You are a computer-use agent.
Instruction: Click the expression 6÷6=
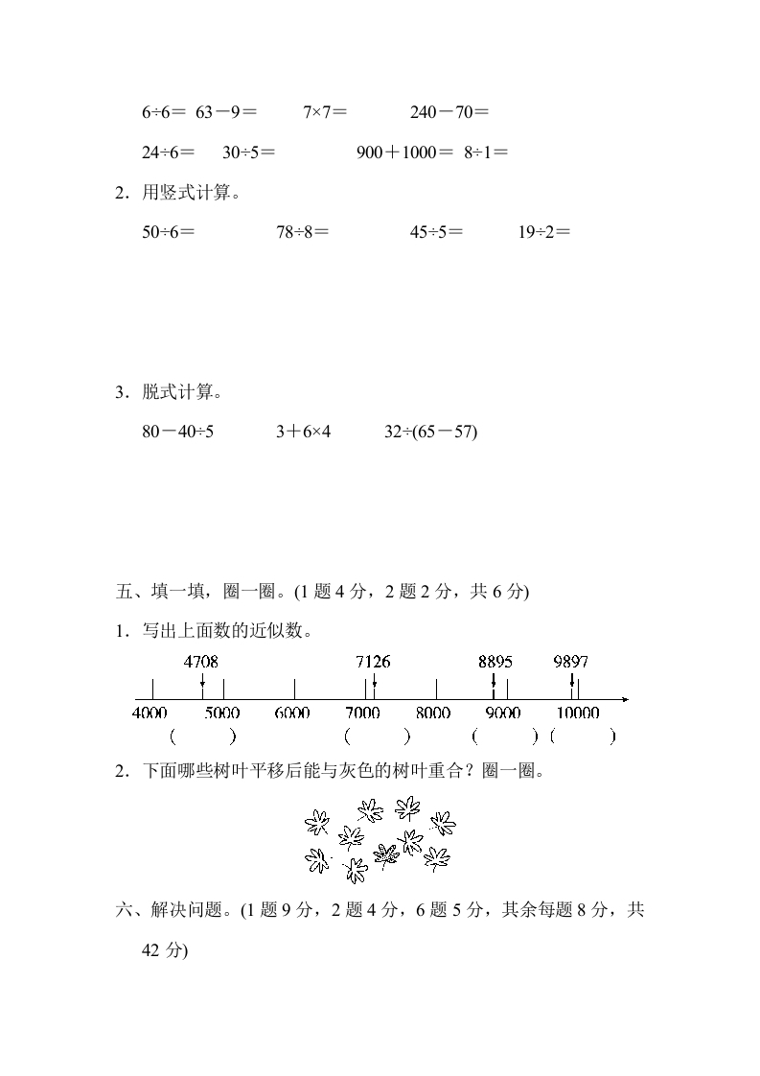(164, 112)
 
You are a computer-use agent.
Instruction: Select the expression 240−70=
(449, 112)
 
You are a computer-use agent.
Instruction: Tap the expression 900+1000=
(403, 152)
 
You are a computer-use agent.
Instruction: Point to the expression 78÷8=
(303, 231)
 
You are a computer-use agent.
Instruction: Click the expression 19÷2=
(543, 231)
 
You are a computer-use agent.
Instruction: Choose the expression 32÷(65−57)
(430, 432)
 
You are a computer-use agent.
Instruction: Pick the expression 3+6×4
(303, 432)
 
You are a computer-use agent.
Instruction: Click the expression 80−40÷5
(178, 432)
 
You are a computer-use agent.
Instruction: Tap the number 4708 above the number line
(200, 661)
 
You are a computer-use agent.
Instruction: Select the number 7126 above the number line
(373, 661)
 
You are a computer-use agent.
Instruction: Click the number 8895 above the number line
(495, 661)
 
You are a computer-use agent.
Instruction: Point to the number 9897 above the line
(571, 661)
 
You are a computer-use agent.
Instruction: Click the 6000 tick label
(292, 713)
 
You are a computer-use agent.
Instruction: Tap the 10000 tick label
(578, 713)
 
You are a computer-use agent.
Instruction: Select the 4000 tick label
(150, 713)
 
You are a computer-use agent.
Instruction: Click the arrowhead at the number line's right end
(625, 698)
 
